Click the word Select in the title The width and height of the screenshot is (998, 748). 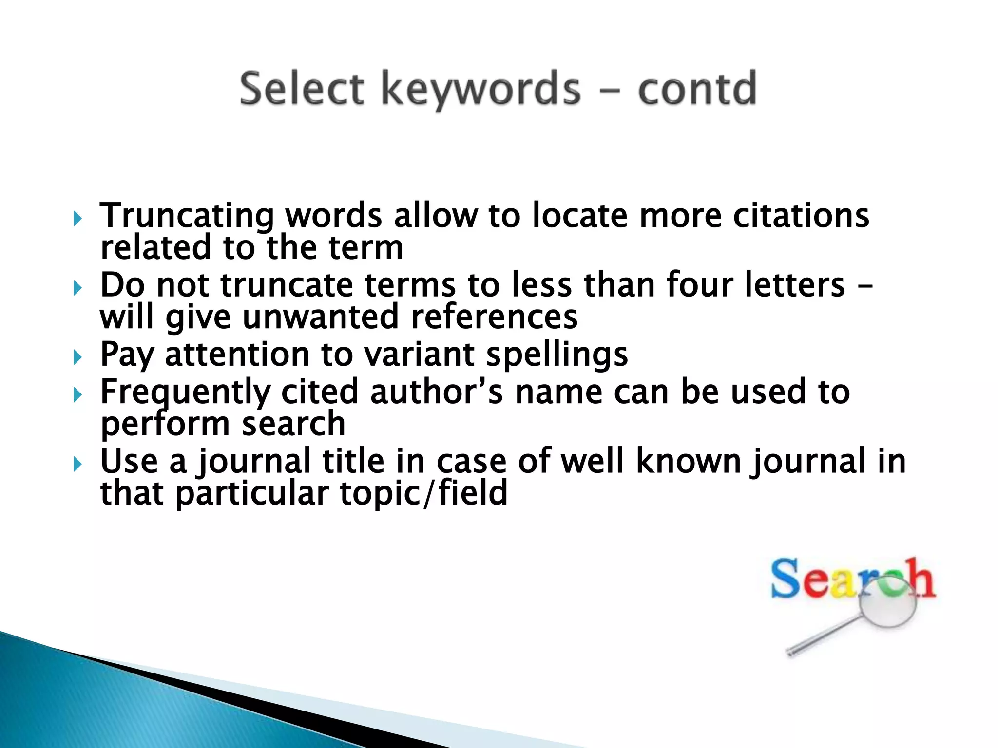[x=302, y=89]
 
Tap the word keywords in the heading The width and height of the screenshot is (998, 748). [x=480, y=90]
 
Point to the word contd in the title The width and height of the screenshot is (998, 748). [x=697, y=89]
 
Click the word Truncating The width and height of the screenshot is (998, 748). [x=187, y=216]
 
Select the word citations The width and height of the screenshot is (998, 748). [x=801, y=215]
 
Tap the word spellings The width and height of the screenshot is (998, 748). [x=557, y=355]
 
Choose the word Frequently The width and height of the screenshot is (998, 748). [x=185, y=393]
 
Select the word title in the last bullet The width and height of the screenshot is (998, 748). [x=353, y=461]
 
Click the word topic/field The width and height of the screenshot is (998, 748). [x=423, y=493]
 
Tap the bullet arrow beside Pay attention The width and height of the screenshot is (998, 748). [x=77, y=358]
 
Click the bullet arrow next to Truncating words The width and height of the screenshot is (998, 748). [x=77, y=219]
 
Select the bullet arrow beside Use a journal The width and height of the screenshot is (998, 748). [x=77, y=465]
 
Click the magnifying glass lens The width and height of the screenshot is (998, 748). [x=887, y=601]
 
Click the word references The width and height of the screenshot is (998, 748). [x=494, y=317]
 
